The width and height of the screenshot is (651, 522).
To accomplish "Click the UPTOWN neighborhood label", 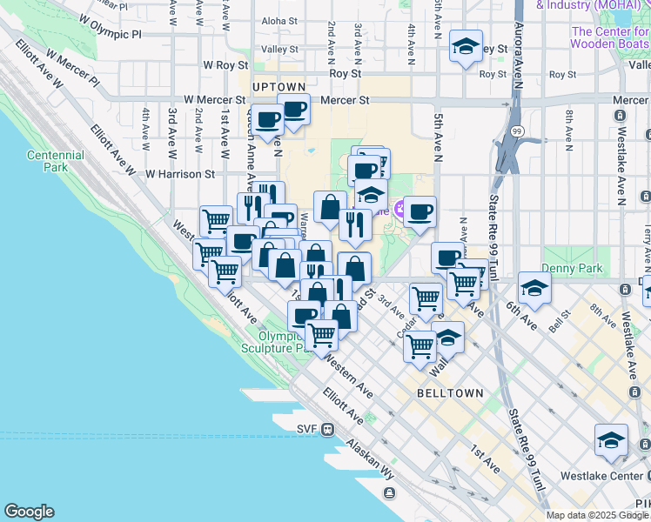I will [x=279, y=87].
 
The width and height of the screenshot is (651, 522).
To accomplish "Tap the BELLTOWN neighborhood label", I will [x=450, y=393].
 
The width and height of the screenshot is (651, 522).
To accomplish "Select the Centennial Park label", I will [x=55, y=161].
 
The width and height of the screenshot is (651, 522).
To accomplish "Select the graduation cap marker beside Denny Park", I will [x=534, y=288].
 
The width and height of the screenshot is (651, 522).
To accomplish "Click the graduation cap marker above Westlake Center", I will [x=611, y=440].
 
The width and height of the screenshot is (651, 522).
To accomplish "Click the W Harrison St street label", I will [x=180, y=174].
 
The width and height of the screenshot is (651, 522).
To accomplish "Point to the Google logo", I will [x=29, y=512].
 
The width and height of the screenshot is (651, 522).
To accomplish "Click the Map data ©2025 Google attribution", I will [x=597, y=515].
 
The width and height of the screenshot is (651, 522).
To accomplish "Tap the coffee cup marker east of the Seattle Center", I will [x=420, y=212].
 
